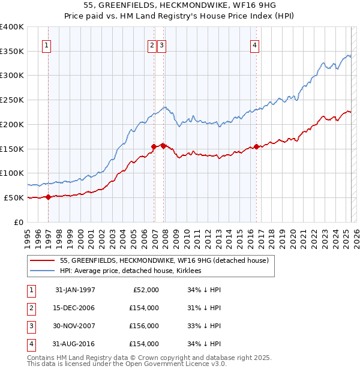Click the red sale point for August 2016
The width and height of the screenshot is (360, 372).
pos(257,146)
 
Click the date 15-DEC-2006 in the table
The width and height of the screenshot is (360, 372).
pos(75,308)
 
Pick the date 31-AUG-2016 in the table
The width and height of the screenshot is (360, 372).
pos(75,344)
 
